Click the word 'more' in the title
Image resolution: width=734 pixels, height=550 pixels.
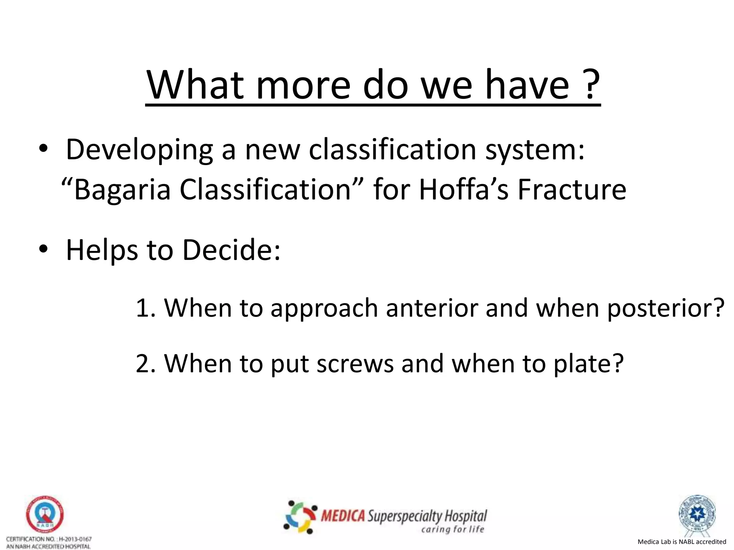point(303,86)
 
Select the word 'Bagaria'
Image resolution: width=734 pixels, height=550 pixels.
point(122,190)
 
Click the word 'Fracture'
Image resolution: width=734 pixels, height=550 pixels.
point(572,190)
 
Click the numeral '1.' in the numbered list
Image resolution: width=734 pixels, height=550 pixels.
point(146,308)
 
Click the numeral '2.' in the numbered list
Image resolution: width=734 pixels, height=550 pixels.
point(146,363)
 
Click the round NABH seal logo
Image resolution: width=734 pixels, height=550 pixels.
point(44,514)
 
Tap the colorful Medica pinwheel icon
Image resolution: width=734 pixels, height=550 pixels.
point(300,517)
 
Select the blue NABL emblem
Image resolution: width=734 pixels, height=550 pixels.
point(697,513)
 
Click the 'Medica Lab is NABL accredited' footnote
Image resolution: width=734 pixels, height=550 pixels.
point(682,542)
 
